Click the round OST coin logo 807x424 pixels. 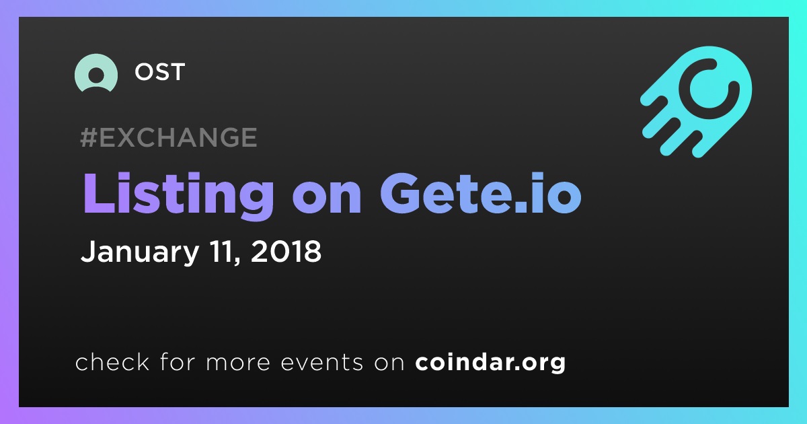coord(95,73)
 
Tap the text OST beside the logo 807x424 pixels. coord(160,72)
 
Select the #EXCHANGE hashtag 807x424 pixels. coord(169,137)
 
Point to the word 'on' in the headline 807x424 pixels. coord(327,198)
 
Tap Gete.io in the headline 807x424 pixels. coord(481,194)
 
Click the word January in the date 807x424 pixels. coord(140,252)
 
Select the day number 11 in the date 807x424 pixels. coord(219,251)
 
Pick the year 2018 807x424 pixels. coord(286,251)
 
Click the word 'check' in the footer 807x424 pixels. coord(112,362)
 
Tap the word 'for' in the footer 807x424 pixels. coord(178,361)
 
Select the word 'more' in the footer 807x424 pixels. coord(238,363)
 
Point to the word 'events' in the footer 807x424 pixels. coord(322,362)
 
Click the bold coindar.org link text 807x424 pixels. coord(490,363)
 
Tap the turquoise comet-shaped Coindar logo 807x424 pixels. coord(696,102)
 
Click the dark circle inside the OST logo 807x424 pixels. coord(96,75)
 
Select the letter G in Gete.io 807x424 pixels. coord(400,194)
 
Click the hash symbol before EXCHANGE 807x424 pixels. coord(89,137)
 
